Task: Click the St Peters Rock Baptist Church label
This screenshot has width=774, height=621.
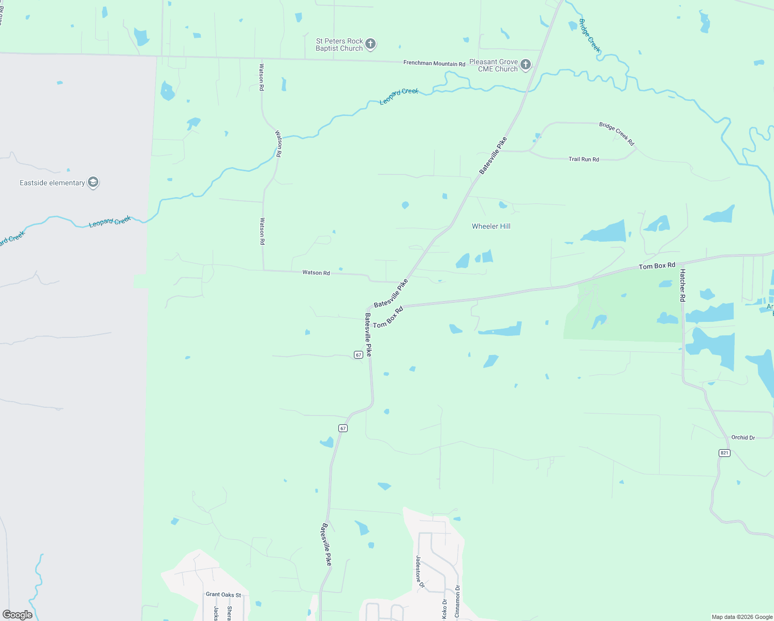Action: pos(339,45)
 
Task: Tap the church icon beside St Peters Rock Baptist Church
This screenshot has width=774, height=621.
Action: pos(370,44)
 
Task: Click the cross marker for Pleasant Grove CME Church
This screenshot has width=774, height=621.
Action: pos(526,65)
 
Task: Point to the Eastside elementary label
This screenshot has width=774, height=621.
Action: pos(52,183)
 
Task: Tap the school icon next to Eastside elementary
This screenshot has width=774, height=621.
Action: pos(93,182)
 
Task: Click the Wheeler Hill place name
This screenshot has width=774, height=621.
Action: pos(491,226)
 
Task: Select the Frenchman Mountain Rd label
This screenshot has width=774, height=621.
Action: pos(434,64)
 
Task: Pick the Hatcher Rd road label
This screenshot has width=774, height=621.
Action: pos(682,286)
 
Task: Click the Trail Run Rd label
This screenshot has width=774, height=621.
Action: pos(584,159)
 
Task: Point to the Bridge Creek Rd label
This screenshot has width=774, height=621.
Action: pos(617,134)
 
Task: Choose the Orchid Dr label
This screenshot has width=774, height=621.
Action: pos(743,438)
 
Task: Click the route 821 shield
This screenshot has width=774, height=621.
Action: pos(724,453)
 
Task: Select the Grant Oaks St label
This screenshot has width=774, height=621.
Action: pos(224,595)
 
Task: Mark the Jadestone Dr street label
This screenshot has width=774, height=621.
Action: pos(420,572)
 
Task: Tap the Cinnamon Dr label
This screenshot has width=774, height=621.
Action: pos(457,601)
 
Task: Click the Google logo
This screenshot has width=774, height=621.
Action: pos(18,615)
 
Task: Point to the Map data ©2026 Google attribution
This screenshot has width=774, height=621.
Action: pos(742,617)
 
